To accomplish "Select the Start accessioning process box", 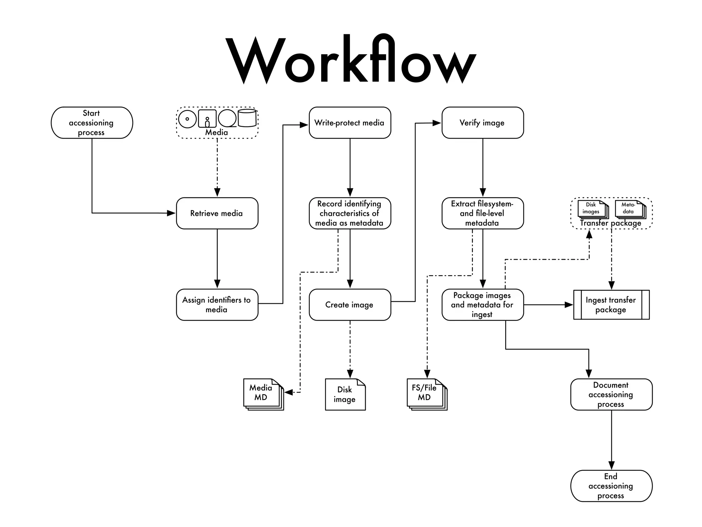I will pyautogui.click(x=92, y=123).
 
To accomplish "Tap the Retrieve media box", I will pyautogui.click(x=217, y=213).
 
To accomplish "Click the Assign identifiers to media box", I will pyautogui.click(x=217, y=305).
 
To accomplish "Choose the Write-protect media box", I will pyautogui.click(x=350, y=123).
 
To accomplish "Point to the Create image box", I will pyautogui.click(x=350, y=305).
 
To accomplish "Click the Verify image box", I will pyautogui.click(x=482, y=123).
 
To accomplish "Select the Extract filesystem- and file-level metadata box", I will pyautogui.click(x=482, y=213).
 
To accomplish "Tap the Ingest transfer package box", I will pyautogui.click(x=611, y=305).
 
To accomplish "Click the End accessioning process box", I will pyautogui.click(x=611, y=486).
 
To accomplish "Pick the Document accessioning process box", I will pyautogui.click(x=611, y=395).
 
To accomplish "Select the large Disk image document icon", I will pyautogui.click(x=345, y=395).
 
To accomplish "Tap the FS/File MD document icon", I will pyautogui.click(x=426, y=394).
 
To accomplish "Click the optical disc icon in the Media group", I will pyautogui.click(x=187, y=119).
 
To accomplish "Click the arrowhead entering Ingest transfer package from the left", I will pyautogui.click(x=569, y=305).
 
